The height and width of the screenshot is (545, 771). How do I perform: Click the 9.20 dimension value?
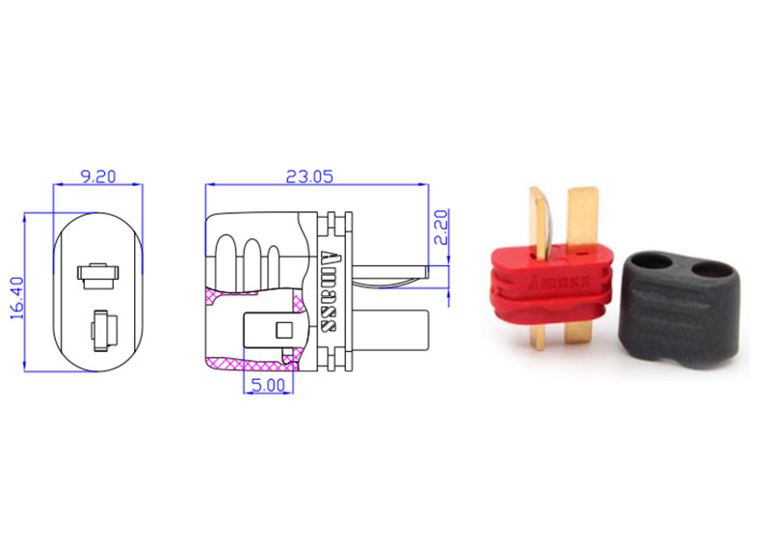[98, 177]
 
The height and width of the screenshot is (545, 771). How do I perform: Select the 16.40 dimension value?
[16, 298]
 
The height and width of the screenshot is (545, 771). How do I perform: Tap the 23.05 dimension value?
[309, 177]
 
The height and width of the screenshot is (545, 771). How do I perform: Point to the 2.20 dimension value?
[441, 228]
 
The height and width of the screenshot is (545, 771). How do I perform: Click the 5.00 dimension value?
[268, 385]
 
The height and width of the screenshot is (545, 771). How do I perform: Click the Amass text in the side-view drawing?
[329, 292]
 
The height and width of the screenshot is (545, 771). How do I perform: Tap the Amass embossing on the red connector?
[560, 283]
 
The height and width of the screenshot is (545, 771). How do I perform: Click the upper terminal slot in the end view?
[98, 276]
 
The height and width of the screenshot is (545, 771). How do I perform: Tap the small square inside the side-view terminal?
[284, 330]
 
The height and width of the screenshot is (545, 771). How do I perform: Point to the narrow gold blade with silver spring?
[542, 222]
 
